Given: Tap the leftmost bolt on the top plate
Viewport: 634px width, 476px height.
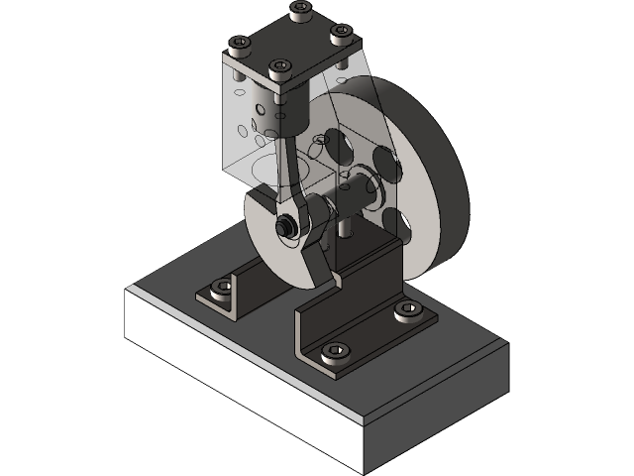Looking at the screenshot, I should [239, 45].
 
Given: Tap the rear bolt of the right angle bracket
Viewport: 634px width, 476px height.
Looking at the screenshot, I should [407, 309].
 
